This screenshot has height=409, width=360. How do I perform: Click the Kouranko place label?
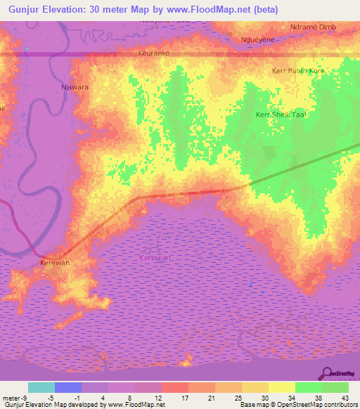click(155, 53)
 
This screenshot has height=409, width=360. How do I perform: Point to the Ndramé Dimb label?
click(313, 27)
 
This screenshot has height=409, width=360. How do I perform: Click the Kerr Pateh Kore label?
click(298, 71)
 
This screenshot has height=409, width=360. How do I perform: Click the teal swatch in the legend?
click(41, 387)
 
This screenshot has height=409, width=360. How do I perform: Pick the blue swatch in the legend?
click(68, 387)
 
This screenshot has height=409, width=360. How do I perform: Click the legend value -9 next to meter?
click(25, 398)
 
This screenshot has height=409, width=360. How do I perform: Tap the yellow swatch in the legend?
click(282, 387)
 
